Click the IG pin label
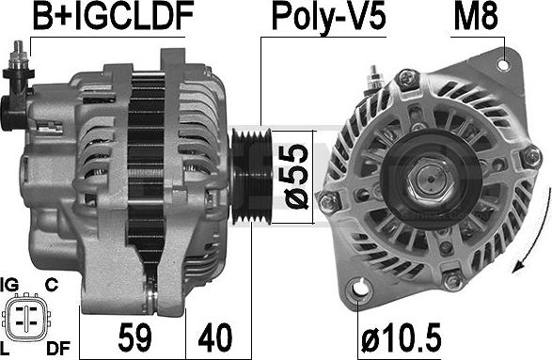pos(11,282)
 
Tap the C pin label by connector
pos(53,282)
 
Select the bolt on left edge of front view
pos(329,200)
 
